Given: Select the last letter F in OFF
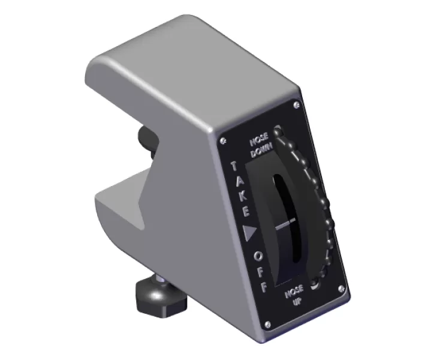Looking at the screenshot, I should click(263, 287).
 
